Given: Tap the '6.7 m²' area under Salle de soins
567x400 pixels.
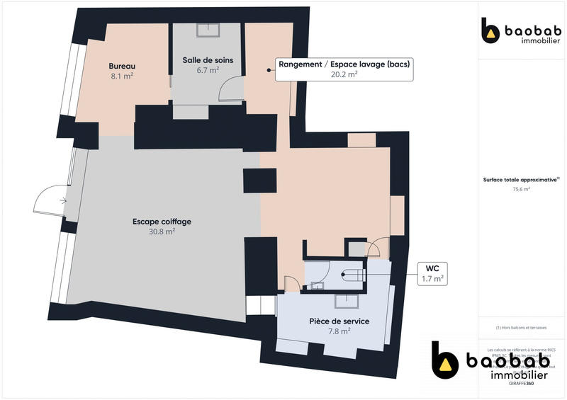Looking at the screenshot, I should pos(208,70).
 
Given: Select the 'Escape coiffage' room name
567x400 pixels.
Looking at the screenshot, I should pos(162,222).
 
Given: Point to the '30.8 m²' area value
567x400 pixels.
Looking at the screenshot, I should pos(162,232).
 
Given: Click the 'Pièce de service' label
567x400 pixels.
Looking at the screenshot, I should pos(339,321).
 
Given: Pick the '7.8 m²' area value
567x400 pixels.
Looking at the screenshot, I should pos(339,331).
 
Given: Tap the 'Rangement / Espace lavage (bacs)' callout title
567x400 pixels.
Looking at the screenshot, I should pos(344,64).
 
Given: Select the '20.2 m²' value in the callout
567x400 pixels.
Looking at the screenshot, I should pos(344,74).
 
